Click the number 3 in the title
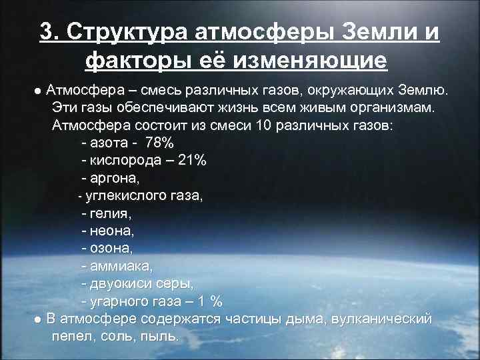pyautogui.click(x=46, y=32)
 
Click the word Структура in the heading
pyautogui.click(x=127, y=32)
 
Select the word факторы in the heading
pyautogui.click(x=139, y=61)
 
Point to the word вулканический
pyautogui.click(x=386, y=319)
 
